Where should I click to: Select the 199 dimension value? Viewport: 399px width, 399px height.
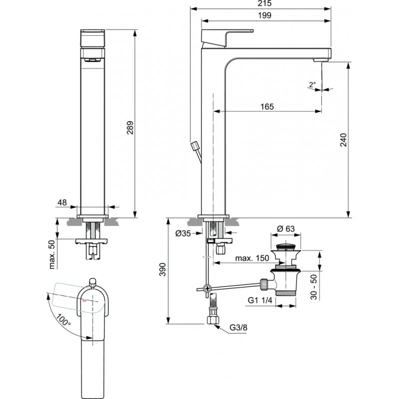coord(265,15)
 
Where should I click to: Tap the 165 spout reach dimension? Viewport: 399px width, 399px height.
coord(267,106)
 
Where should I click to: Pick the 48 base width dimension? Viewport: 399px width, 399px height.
coord(62,202)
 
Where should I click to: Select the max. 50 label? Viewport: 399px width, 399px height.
coord(52,254)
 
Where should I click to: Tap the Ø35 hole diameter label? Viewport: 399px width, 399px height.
coord(185,233)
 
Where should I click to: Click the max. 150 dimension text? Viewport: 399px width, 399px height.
coord(252,258)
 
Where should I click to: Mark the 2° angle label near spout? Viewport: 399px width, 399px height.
coord(312,85)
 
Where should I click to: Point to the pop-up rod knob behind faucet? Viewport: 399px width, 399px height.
coord(195,146)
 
